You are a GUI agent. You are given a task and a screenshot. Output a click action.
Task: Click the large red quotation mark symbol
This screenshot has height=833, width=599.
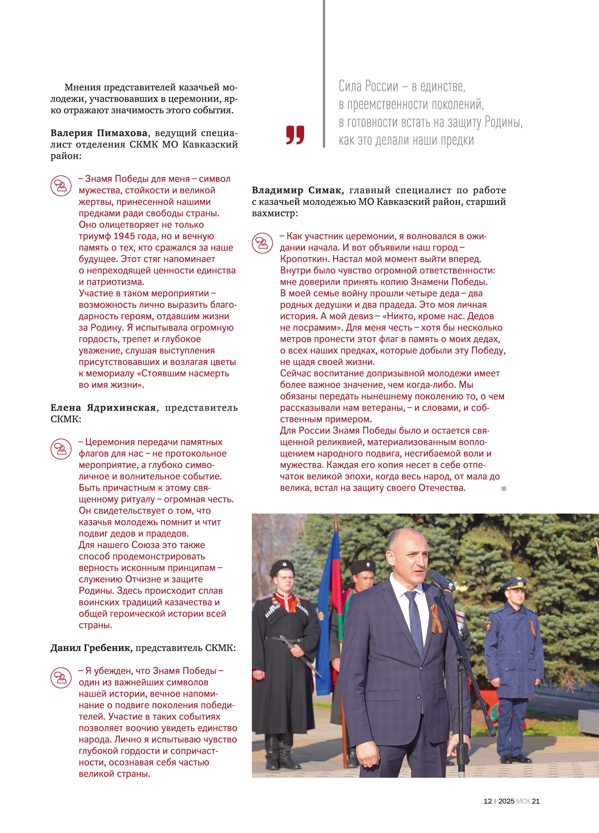pos(295,135)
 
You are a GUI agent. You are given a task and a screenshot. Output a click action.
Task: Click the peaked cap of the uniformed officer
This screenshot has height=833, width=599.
pos(515,582)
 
